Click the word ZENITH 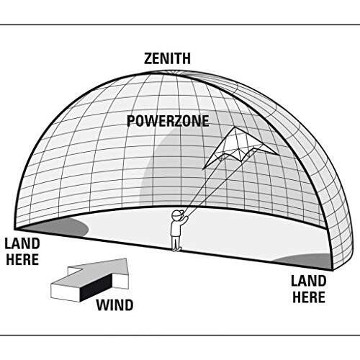pos(167,59)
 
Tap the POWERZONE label pos(168,121)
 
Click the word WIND pos(114,305)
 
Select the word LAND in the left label pos(22,244)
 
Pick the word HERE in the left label pos(22,259)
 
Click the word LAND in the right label pos(309,281)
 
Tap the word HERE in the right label pos(309,297)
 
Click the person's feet pos(176,249)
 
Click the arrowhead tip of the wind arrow pos(127,258)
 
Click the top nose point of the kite pos(235,127)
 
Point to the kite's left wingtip pos(204,169)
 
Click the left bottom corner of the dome pos(15,229)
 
